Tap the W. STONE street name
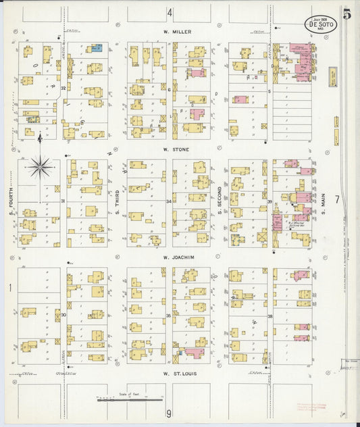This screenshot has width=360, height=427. tap(176, 149)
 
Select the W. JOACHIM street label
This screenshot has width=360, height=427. tap(178, 257)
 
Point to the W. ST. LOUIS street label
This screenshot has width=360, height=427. tap(178, 373)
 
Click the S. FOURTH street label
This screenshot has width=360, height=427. tap(11, 203)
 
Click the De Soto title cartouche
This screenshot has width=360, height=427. tap(318, 23)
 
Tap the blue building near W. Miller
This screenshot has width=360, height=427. tap(97, 48)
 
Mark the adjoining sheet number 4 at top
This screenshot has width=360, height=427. tap(170, 12)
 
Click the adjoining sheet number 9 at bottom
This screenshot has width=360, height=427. tap(170, 413)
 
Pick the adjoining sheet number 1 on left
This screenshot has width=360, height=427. tap(9, 288)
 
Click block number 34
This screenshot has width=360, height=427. tap(168, 201)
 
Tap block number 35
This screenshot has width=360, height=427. tap(168, 316)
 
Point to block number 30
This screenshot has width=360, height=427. tap(63, 315)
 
